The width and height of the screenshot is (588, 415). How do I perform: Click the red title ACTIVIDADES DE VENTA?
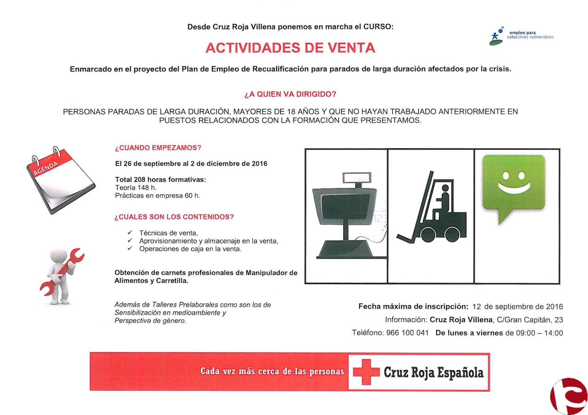click(x=290, y=48)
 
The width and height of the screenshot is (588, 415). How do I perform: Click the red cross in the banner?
click(x=366, y=372)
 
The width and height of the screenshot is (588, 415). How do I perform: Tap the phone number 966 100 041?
click(x=407, y=333)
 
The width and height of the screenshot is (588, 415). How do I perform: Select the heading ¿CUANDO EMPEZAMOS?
click(x=158, y=148)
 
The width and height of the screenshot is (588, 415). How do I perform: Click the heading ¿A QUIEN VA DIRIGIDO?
click(x=290, y=94)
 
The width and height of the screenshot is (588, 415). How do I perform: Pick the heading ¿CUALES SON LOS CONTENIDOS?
click(x=174, y=217)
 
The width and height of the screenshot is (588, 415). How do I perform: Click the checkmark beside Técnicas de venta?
click(x=130, y=233)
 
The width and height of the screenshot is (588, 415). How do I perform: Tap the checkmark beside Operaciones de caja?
click(x=130, y=249)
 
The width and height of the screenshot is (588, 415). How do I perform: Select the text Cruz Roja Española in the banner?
click(x=433, y=372)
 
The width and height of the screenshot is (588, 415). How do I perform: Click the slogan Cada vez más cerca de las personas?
click(x=272, y=371)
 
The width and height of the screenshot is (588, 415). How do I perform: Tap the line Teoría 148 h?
click(x=136, y=188)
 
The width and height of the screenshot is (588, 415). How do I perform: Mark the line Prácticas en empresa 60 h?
click(x=157, y=196)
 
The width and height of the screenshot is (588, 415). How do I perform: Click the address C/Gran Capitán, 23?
click(x=530, y=320)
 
